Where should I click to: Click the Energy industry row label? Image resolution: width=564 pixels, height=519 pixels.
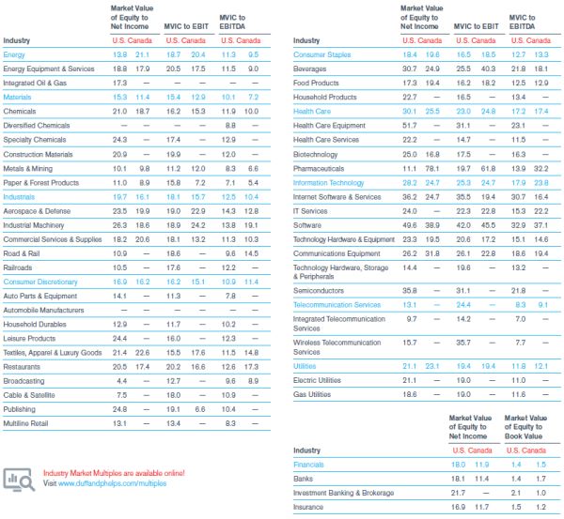tap(14, 54)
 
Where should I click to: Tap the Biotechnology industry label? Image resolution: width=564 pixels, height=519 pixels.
tap(316, 154)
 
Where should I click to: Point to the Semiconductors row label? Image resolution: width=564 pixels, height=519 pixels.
tap(320, 291)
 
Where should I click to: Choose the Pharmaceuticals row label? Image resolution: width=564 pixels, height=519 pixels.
tap(320, 168)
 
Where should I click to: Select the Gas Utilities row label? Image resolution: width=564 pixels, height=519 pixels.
tap(313, 394)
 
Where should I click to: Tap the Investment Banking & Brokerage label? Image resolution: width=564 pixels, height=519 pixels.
tap(343, 493)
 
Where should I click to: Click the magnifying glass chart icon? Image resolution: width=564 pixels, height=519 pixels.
tap(19, 478)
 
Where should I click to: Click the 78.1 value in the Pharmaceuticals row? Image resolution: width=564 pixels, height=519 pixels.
tap(432, 168)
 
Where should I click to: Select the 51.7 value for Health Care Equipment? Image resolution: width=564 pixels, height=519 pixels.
tap(409, 126)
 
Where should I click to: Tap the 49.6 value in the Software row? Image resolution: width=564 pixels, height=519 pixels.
tap(409, 225)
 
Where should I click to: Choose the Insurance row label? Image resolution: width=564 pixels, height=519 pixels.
tap(307, 507)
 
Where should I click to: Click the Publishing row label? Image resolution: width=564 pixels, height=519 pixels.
tap(22, 409)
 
